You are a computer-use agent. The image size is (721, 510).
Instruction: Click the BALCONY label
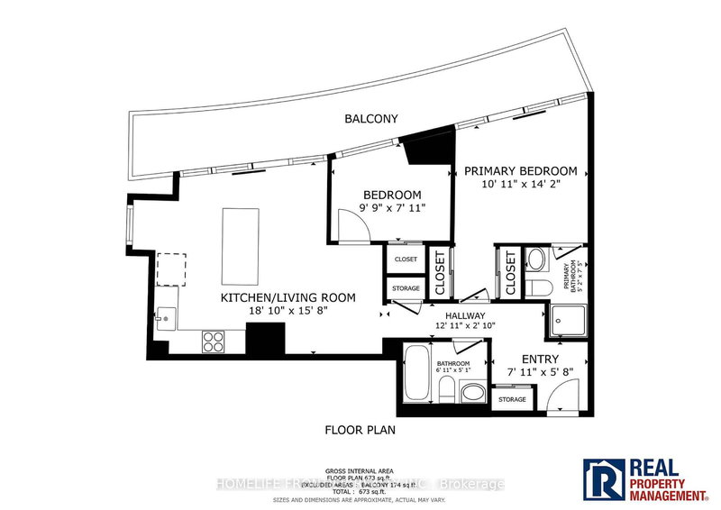(370, 118)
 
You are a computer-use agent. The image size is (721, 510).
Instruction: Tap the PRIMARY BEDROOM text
(521, 171)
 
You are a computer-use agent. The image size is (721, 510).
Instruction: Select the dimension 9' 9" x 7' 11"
(393, 208)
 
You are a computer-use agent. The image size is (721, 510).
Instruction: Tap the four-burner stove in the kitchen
(214, 342)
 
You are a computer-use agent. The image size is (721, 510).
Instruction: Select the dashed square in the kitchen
(171, 268)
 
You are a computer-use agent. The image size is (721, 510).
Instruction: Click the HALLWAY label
(464, 316)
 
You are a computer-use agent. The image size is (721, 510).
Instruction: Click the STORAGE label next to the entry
(512, 397)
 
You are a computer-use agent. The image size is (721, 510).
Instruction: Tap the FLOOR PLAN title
(360, 431)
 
